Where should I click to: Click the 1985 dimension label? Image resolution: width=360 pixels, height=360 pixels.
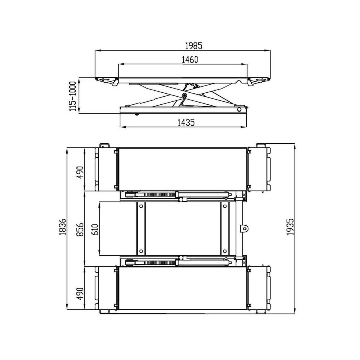pyautogui.click(x=193, y=46)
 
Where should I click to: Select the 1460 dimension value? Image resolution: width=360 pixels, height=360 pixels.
pyautogui.click(x=190, y=60)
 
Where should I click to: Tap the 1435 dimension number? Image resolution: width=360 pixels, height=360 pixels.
pyautogui.click(x=186, y=123)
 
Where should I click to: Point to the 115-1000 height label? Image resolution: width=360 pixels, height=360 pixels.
pyautogui.click(x=73, y=96)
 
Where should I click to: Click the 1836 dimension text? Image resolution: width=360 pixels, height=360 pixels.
pyautogui.click(x=63, y=226)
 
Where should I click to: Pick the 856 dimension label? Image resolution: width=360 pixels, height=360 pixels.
pyautogui.click(x=80, y=229)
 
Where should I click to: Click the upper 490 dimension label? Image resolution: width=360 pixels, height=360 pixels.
pyautogui.click(x=80, y=172)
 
